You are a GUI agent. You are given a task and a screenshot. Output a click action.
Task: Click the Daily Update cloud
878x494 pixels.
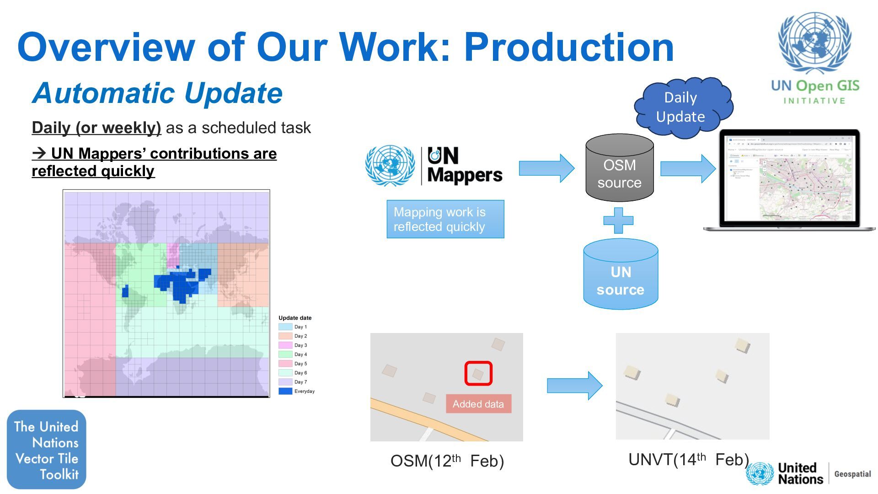[x=681, y=107]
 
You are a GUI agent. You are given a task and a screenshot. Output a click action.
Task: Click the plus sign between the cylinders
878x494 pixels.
[x=618, y=221]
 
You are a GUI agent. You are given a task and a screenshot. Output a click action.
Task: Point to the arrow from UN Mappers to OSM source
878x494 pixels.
[x=546, y=168]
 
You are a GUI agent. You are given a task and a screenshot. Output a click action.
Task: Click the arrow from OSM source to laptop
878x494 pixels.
[x=687, y=168]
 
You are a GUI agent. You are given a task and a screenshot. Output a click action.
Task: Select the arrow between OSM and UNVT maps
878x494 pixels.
[x=574, y=386]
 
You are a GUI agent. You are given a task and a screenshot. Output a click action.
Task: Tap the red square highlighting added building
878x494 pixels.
[x=478, y=373]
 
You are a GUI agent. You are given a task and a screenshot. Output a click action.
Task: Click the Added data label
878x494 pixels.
[x=478, y=404]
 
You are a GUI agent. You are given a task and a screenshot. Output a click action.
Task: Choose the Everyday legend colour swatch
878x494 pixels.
[x=285, y=391]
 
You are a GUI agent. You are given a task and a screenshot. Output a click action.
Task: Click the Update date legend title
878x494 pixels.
[x=295, y=318]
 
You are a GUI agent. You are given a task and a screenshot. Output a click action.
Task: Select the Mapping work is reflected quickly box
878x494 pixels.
[x=445, y=219]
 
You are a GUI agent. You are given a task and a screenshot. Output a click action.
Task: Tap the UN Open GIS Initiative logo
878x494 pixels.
[x=815, y=57]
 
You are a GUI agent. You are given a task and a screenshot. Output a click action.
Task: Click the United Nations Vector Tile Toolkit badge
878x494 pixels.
[x=46, y=450]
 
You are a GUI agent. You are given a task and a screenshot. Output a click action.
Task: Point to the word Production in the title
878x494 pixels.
[x=569, y=47]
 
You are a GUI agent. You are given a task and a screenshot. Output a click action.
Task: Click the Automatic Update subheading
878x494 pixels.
[x=158, y=93]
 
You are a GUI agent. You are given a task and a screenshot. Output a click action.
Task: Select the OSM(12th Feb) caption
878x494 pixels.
[x=447, y=461]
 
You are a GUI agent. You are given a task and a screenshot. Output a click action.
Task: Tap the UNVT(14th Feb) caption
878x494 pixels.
[x=688, y=459]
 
